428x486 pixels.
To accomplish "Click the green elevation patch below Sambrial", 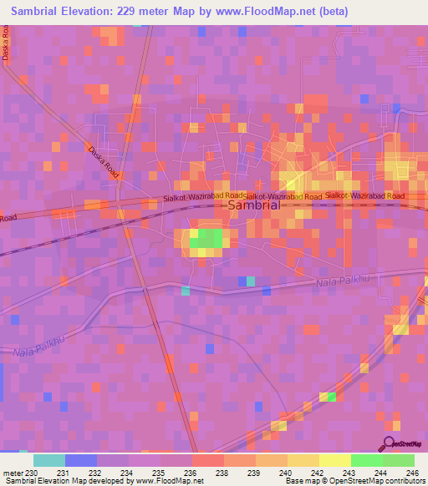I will pyautogui.click(x=208, y=240).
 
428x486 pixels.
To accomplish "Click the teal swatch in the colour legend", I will pyautogui.click(x=49, y=460).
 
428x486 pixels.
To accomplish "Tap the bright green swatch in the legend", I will pyautogui.click(x=367, y=460).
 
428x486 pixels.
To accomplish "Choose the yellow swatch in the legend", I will pyautogui.click(x=335, y=460).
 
